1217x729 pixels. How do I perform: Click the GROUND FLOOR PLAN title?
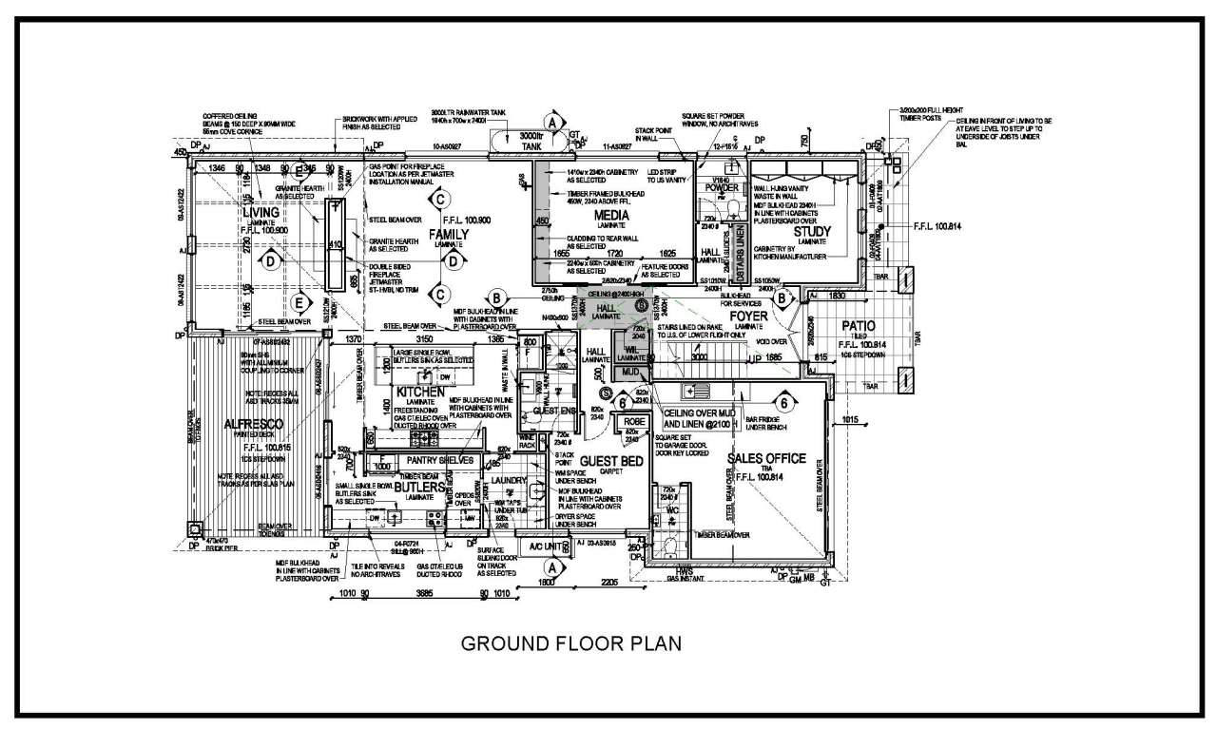point(570,643)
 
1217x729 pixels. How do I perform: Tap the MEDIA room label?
point(611,216)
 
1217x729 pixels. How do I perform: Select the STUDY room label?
point(811,231)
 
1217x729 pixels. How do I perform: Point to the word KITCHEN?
point(420,391)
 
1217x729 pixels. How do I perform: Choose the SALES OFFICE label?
point(766,458)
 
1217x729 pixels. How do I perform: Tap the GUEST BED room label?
point(611,461)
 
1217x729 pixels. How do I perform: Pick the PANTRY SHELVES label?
point(440,460)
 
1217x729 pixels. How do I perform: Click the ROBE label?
point(635,421)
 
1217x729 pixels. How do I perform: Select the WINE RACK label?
point(527,442)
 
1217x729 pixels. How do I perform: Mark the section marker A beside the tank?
point(551,122)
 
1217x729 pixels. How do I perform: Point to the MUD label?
point(630,372)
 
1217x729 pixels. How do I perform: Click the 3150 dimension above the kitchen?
point(425,339)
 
